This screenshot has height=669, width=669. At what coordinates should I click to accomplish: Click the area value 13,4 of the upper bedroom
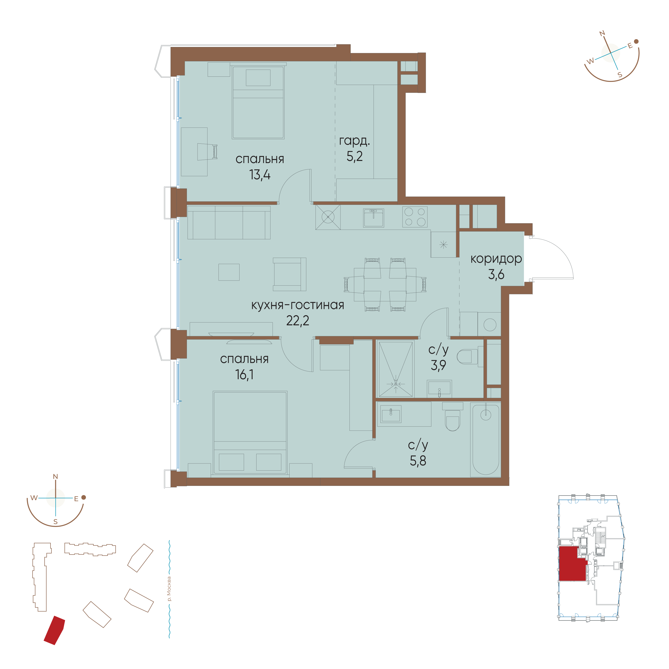point(260,175)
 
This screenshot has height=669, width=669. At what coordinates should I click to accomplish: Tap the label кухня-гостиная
point(297,305)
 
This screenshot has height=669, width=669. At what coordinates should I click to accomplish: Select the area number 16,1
point(244,375)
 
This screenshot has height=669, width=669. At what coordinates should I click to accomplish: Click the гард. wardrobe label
point(354,141)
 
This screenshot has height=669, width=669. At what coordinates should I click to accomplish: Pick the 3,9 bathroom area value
point(438,365)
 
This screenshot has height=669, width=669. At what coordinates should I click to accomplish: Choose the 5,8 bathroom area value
point(418,461)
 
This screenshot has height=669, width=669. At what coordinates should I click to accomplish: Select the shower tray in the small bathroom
point(396,369)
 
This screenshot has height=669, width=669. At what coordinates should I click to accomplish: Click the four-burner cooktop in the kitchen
point(415,217)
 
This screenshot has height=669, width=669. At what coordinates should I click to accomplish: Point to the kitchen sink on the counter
point(373,218)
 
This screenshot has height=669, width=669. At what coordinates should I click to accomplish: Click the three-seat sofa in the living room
point(229,222)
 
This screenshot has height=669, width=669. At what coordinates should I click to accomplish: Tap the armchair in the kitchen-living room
point(290,274)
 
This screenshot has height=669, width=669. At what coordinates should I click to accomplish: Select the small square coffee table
point(229,272)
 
